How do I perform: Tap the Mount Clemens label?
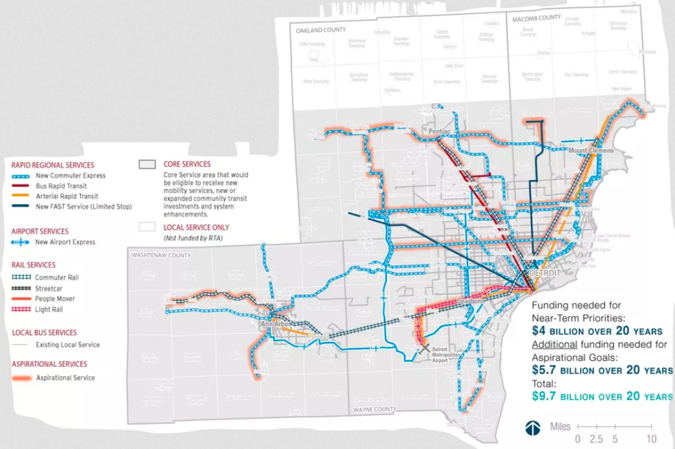point(591,150)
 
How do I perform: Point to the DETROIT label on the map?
point(544,274)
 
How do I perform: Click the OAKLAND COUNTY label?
point(320,30)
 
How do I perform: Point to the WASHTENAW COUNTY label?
point(161,256)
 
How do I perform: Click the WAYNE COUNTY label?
point(375,409)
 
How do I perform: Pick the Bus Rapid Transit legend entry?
point(61,186)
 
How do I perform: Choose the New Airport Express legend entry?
point(65,242)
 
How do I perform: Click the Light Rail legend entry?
point(50,310)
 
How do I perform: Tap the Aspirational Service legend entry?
point(65,378)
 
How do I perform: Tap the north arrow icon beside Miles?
point(533,428)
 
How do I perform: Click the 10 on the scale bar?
point(651,438)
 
